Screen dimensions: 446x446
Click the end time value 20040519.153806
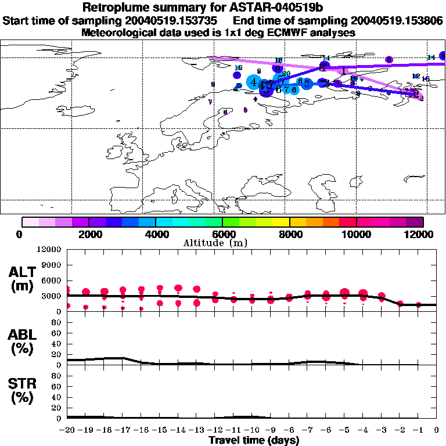pos(400,20)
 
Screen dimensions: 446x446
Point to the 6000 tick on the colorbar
pos(222,234)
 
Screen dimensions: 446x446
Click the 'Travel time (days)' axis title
pos(254,441)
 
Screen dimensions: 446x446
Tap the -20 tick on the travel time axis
pos(67,430)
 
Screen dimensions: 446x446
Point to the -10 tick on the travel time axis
pos(253,430)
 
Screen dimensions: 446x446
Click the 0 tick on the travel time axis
pos(437,430)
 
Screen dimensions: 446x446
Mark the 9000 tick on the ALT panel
pos(51,265)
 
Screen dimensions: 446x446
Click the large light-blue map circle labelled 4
pos(254,82)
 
